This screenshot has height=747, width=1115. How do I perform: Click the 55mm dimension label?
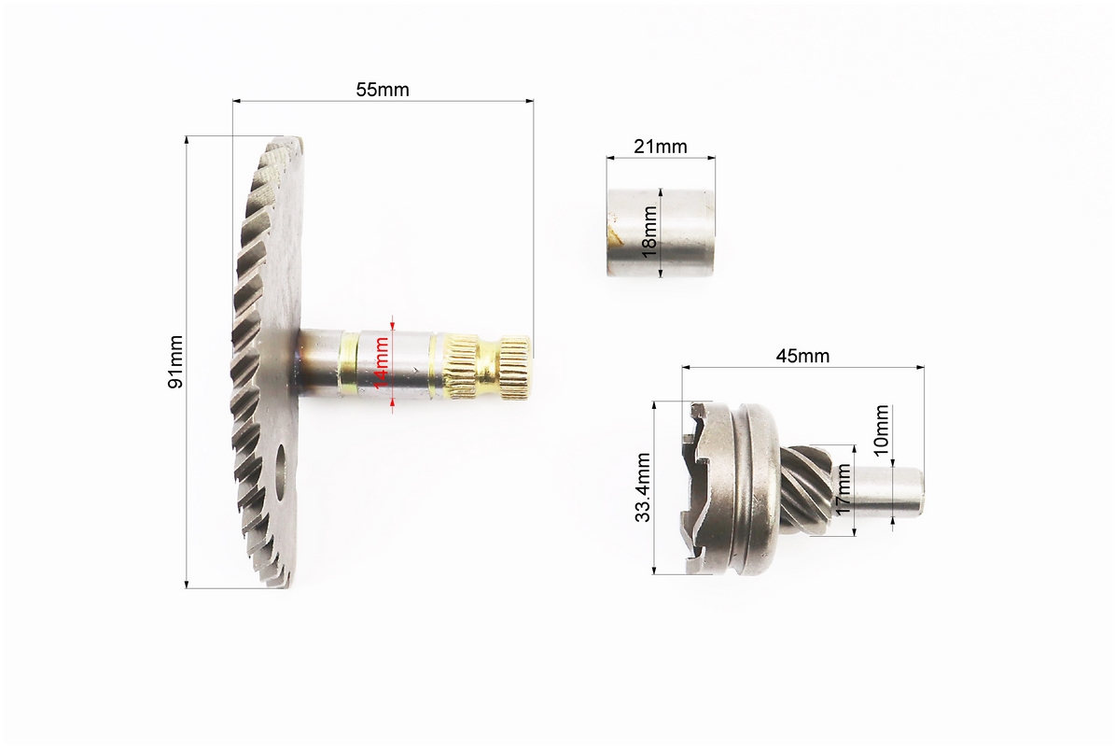(383, 90)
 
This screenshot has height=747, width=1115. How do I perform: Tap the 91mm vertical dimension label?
(174, 362)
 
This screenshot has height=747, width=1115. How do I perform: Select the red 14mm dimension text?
(382, 362)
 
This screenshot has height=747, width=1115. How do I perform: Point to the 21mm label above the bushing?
(661, 147)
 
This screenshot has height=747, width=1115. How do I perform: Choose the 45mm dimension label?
(802, 356)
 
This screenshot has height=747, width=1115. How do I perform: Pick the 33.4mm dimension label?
(643, 487)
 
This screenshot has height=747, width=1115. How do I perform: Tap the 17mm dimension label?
(843, 489)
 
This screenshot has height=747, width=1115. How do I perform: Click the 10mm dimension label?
(881, 430)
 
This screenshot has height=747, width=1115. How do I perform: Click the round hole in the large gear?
(283, 471)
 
